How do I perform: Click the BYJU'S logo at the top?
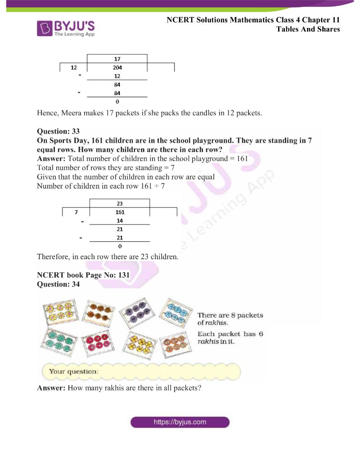(66, 27)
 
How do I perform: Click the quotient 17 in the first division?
(117, 59)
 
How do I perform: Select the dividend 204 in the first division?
(117, 67)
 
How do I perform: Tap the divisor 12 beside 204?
(74, 67)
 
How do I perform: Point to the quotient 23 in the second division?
(120, 203)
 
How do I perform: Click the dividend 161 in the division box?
(120, 212)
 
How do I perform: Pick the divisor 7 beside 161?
(77, 212)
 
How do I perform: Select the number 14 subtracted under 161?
(120, 221)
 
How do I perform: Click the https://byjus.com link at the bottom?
(180, 422)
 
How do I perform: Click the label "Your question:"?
(73, 372)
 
